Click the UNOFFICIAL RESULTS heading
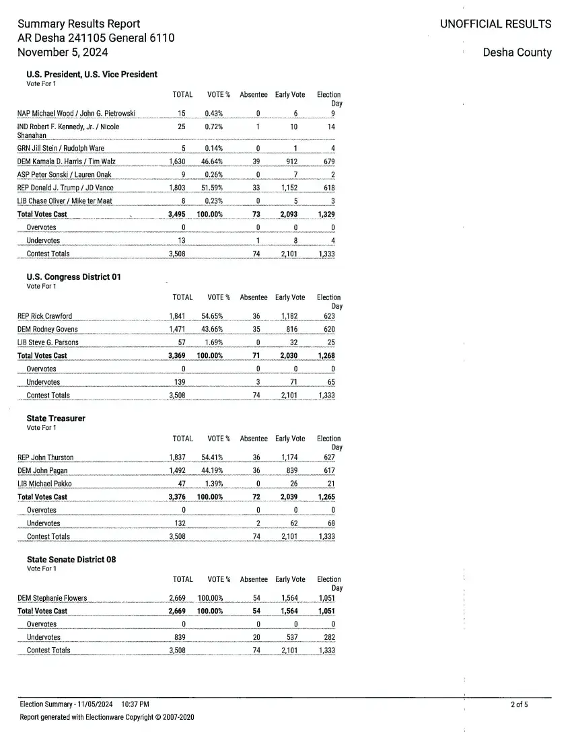(495, 24)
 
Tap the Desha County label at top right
(517, 52)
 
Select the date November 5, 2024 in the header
(63, 52)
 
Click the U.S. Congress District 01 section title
(73, 277)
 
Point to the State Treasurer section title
(56, 418)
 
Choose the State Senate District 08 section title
(71, 560)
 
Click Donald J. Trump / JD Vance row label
(65, 188)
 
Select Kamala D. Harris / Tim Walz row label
(66, 162)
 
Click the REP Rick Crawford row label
(44, 316)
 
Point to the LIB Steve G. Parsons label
(48, 342)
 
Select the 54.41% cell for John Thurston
(212, 457)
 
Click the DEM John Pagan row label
(42, 471)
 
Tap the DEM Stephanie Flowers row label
(52, 598)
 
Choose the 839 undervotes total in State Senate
(180, 638)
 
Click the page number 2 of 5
(519, 705)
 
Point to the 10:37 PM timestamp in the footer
(135, 704)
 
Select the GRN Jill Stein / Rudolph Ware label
(61, 149)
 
